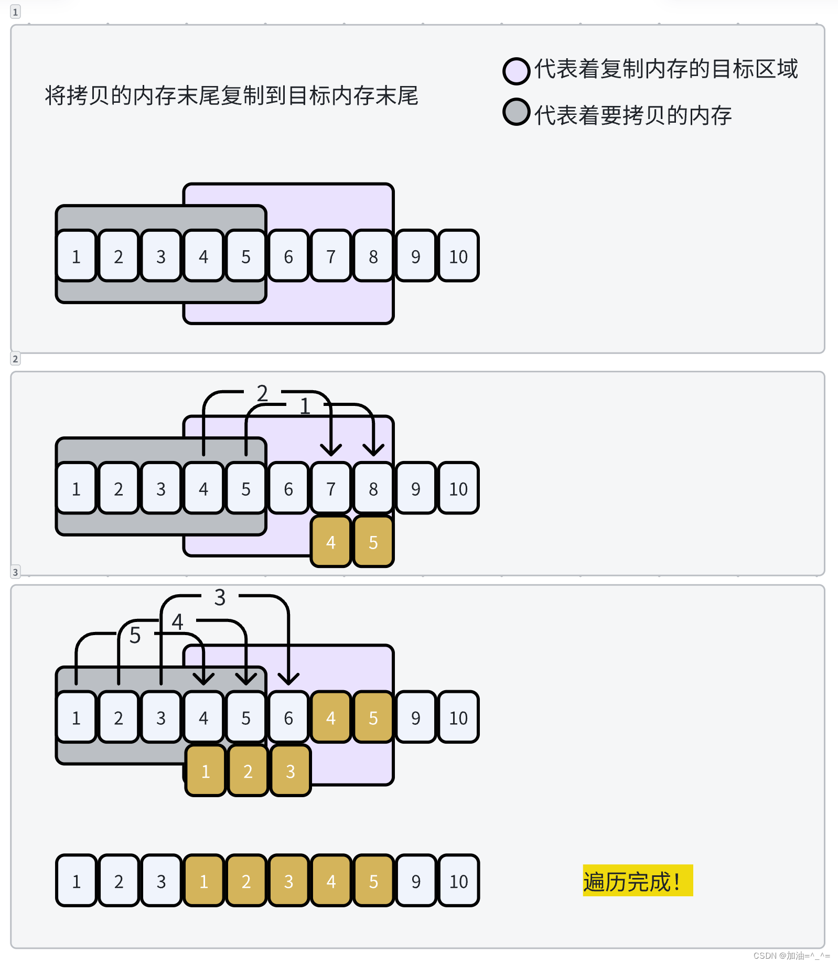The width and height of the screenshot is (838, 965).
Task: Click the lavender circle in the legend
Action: [x=516, y=71]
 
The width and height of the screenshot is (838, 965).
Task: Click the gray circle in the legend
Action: [x=516, y=112]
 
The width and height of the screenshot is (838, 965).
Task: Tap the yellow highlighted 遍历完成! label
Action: [x=637, y=881]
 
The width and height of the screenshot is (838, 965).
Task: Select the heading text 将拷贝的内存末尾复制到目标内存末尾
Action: [x=231, y=96]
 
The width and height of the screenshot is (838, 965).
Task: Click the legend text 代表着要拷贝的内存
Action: [x=632, y=115]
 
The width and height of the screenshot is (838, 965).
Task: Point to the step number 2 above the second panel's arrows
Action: [x=262, y=393]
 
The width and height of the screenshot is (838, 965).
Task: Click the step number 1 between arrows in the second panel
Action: [x=305, y=406]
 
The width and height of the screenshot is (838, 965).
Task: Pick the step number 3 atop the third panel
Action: [x=220, y=597]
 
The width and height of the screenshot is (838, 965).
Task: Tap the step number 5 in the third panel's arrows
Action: [x=135, y=635]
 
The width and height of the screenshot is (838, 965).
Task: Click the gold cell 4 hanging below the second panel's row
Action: [x=330, y=542]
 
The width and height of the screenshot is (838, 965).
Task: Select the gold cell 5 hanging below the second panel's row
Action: [x=373, y=542]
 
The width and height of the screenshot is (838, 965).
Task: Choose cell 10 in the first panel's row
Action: [x=458, y=256]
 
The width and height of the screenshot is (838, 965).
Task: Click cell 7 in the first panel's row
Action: [x=330, y=256]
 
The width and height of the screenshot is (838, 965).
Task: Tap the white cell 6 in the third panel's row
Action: [x=288, y=718]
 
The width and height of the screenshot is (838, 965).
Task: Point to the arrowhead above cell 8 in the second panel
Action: [x=373, y=449]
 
